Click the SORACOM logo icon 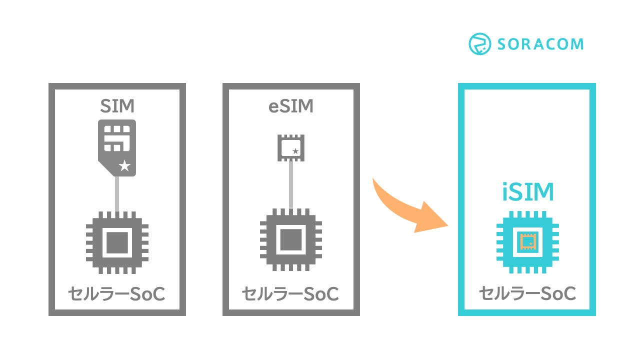click(479, 44)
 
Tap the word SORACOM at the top click(540, 44)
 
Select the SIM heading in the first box click(117, 106)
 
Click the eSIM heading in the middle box click(291, 106)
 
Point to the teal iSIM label click(527, 192)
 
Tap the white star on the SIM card click(124, 166)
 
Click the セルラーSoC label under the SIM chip click(117, 294)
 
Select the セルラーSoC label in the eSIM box click(291, 294)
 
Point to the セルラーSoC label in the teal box click(527, 294)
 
